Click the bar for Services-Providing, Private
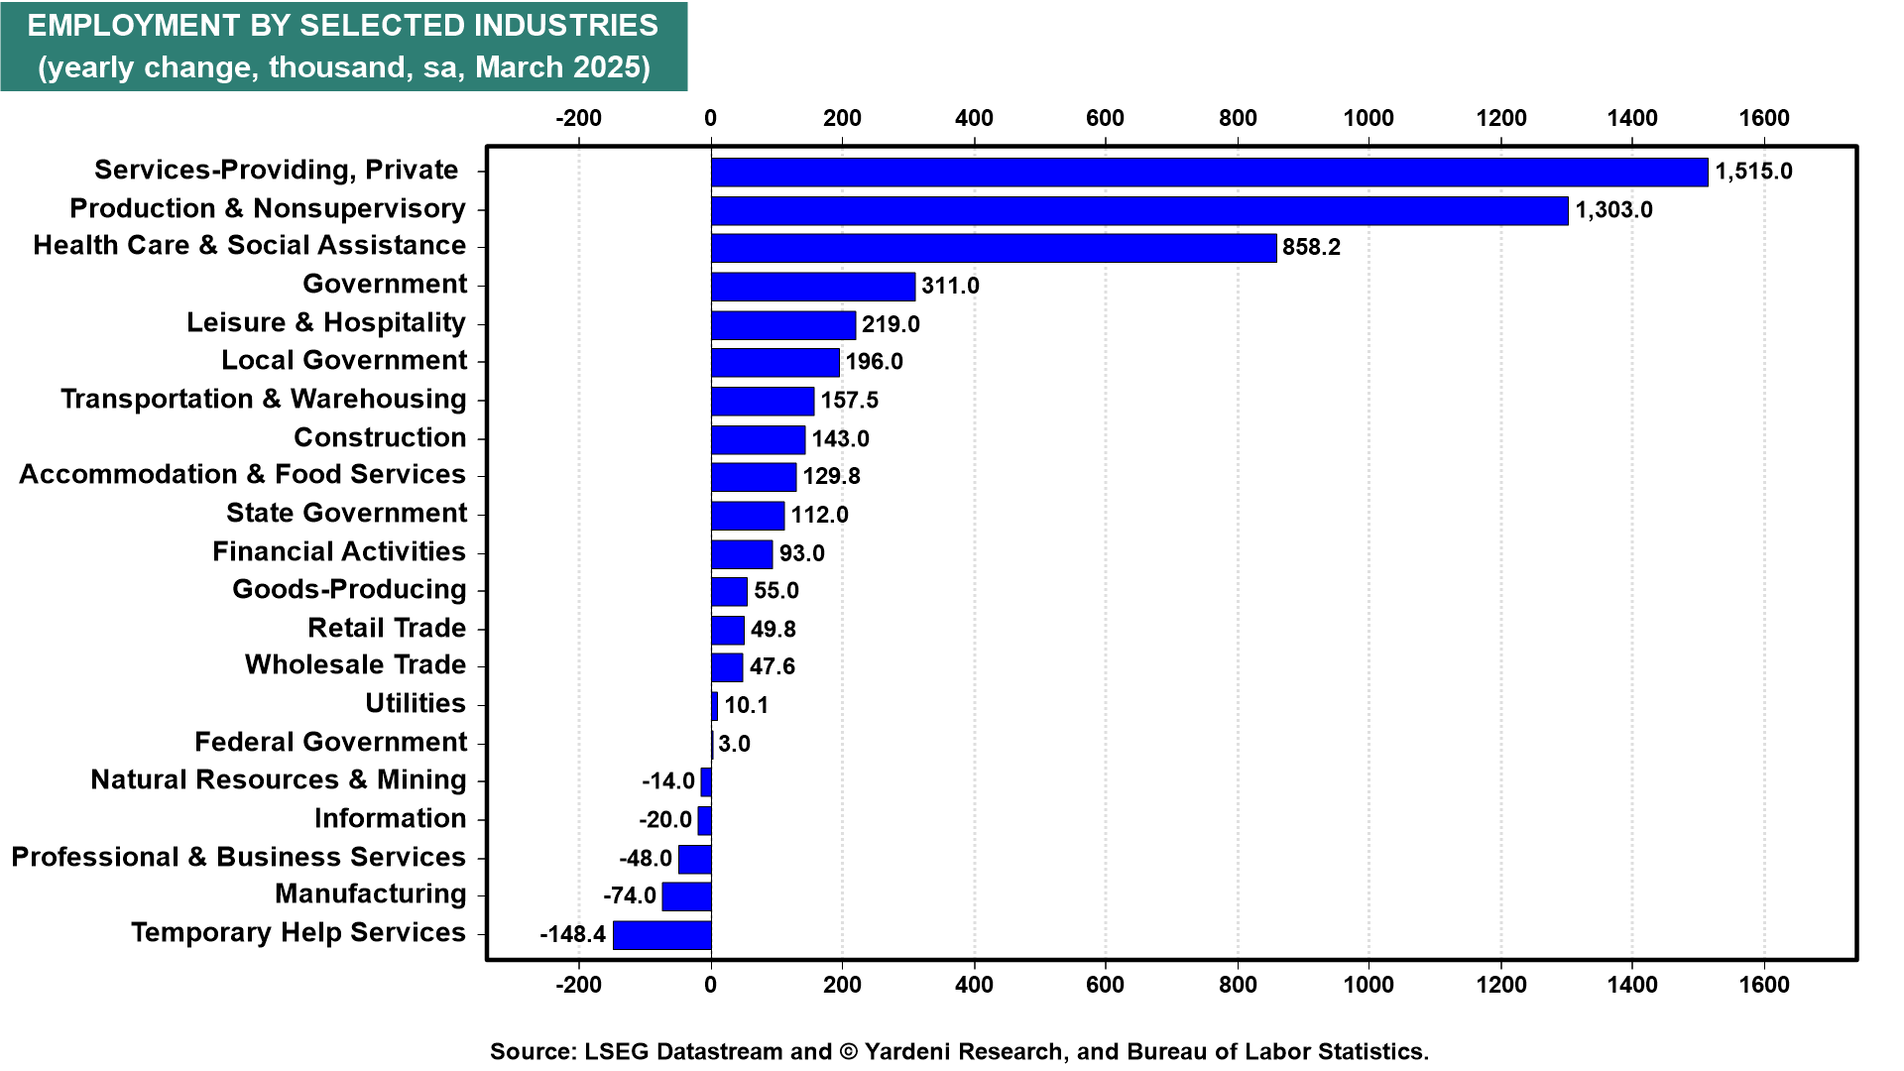pyautogui.click(x=1210, y=172)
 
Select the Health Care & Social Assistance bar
pyautogui.click(x=994, y=248)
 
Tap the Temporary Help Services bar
pyautogui.click(x=662, y=935)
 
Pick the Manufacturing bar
pyautogui.click(x=687, y=896)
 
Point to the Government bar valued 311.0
pyautogui.click(x=813, y=287)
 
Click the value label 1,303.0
pyautogui.click(x=1614, y=210)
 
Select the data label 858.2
pyautogui.click(x=1311, y=247)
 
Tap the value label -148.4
pyautogui.click(x=572, y=934)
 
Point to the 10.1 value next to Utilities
pyautogui.click(x=747, y=705)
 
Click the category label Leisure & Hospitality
pyautogui.click(x=326, y=323)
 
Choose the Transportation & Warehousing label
pyautogui.click(x=264, y=399)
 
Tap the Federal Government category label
pyautogui.click(x=331, y=742)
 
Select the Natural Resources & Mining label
pyautogui.click(x=279, y=780)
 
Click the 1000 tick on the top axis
pyautogui.click(x=1368, y=118)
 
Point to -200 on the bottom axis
pyautogui.click(x=578, y=985)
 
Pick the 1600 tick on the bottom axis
pyautogui.click(x=1764, y=985)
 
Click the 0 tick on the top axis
pyautogui.click(x=710, y=118)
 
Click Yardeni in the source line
pyautogui.click(x=905, y=1052)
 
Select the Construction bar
pyautogui.click(x=759, y=439)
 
